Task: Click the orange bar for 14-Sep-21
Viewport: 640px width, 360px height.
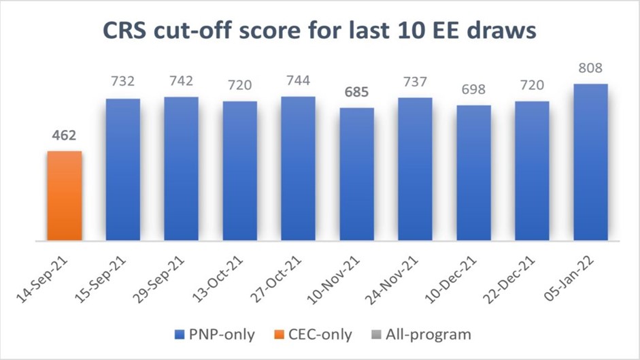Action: point(64,196)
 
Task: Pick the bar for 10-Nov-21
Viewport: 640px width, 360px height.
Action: point(356,174)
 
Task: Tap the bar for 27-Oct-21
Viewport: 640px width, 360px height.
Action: point(298,168)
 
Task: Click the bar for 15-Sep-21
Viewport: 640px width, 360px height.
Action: point(122,169)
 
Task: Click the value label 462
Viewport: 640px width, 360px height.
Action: point(64,136)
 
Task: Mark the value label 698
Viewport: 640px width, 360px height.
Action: point(473,91)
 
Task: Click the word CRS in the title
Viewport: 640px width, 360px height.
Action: point(125,32)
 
